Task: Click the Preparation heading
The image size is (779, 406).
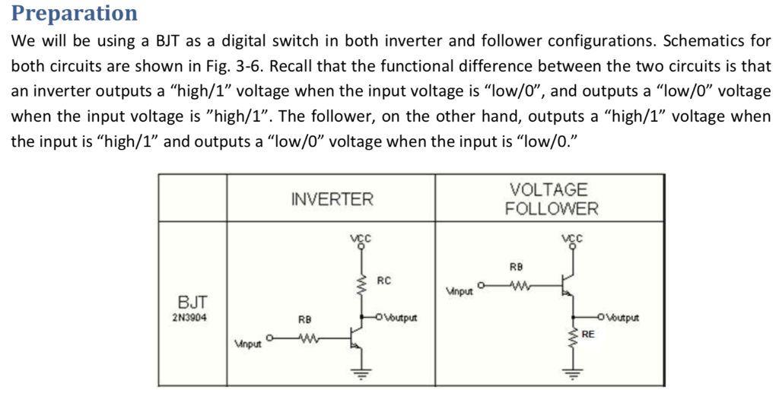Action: click(75, 13)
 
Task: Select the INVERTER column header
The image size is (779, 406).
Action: click(332, 199)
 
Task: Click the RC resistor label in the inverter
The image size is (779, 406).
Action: click(384, 281)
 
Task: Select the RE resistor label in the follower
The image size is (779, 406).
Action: click(588, 333)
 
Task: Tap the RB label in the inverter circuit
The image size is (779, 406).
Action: click(305, 319)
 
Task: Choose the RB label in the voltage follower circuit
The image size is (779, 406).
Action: click(517, 267)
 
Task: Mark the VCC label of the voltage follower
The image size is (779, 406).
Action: click(572, 236)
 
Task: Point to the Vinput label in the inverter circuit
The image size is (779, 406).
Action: click(248, 344)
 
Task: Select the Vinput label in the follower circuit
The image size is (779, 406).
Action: click(459, 291)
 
